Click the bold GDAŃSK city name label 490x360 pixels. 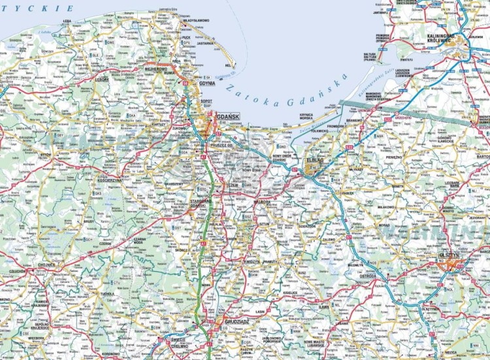(x=228, y=116)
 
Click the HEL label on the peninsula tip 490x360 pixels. (x=228, y=66)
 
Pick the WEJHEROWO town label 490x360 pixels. (x=155, y=68)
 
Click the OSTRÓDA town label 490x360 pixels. (x=368, y=276)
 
